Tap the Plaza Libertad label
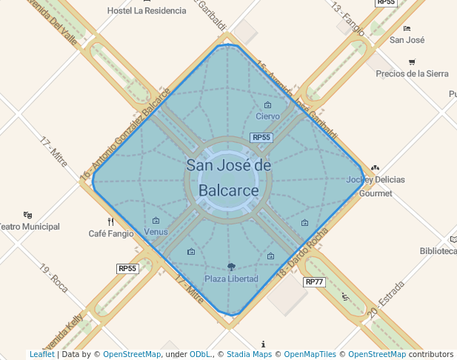[231, 279]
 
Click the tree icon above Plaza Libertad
[231, 267]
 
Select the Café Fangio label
[111, 233]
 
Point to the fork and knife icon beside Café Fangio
[111, 221]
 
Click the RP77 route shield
[314, 282]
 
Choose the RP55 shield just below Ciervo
[261, 138]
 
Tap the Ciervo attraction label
[267, 116]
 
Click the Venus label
[156, 232]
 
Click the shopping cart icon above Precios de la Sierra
[412, 61]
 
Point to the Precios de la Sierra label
[412, 73]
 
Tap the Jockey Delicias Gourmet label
[376, 186]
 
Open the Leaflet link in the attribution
[41, 354]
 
